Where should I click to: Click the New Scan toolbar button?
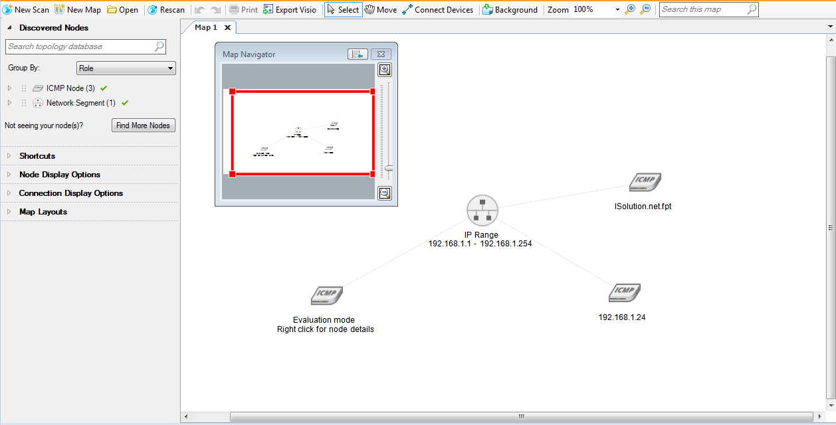27,10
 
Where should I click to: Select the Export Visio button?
290,10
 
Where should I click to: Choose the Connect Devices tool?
438,10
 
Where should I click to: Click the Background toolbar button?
510,10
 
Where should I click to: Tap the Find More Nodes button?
143,126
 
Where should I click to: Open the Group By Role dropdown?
126,68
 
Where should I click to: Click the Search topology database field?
80,46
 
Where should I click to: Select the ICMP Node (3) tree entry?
70,88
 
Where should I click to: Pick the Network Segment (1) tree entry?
80,103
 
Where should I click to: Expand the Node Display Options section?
60,175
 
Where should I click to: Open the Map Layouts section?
43,212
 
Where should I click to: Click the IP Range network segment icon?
482,211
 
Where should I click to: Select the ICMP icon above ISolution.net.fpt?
645,182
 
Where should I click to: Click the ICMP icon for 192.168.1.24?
625,292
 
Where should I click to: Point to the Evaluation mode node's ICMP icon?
327,295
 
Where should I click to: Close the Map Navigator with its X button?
380,54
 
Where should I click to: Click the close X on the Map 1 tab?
227,27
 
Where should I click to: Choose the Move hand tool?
381,10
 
